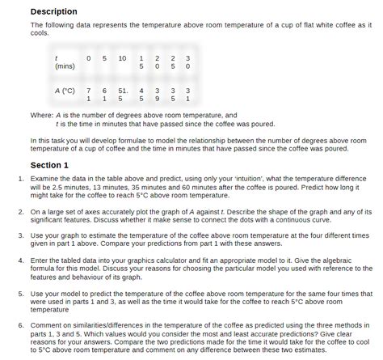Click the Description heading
coord(54,11)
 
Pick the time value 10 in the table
coord(122,57)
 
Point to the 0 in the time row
coord(88,57)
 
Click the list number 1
coord(32,176)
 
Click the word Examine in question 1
coord(56,176)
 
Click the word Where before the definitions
coord(42,115)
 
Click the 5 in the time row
coord(105,57)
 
